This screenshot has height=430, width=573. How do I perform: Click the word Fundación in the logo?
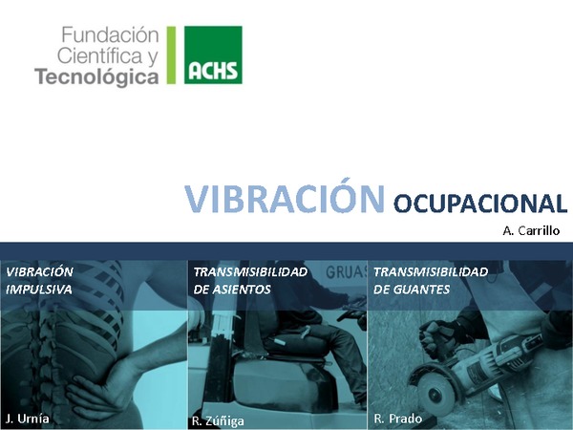tap(110, 35)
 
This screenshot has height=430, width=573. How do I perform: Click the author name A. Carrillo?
tap(531, 230)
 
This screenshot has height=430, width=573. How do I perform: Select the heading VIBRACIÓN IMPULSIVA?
tap(40, 280)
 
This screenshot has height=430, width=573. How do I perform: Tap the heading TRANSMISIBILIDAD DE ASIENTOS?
tap(250, 280)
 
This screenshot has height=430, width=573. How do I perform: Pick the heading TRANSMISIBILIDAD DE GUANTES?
tap(431, 280)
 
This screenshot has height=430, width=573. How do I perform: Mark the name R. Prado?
tap(397, 419)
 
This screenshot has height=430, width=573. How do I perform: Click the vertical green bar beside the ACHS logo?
tap(171, 55)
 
